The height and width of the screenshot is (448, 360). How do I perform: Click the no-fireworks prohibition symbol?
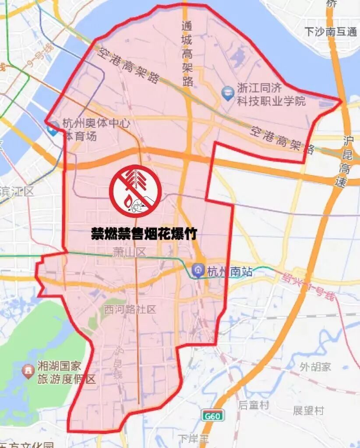[135, 191]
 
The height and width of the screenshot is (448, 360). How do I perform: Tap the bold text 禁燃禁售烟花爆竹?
[144, 234]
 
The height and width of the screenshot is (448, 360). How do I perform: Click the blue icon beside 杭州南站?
[199, 271]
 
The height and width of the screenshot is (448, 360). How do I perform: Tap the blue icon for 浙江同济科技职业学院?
[228, 93]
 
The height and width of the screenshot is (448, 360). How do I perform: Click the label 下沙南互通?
[331, 32]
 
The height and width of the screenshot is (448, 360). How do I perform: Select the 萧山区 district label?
[129, 252]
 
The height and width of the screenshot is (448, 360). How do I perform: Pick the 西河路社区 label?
[130, 310]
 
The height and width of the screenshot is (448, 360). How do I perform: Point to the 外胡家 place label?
[315, 367]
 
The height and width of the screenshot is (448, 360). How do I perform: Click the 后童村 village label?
[253, 405]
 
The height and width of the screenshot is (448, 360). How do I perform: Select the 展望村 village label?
[308, 410]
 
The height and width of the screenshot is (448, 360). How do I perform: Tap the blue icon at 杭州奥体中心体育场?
[53, 128]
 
